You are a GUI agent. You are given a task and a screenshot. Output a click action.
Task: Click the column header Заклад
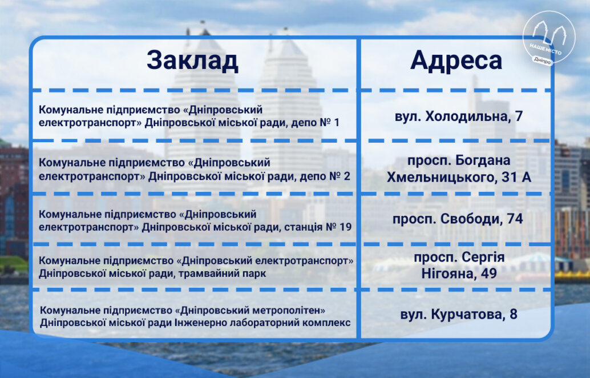pyautogui.click(x=192, y=61)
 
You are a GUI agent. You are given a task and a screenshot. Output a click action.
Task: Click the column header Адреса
pyautogui.click(x=456, y=60)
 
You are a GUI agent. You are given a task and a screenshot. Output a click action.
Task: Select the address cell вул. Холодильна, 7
pyautogui.click(x=459, y=116)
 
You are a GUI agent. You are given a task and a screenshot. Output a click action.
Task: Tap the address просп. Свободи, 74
pyautogui.click(x=458, y=219)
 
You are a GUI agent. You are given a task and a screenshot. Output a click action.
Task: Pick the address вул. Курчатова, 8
pyautogui.click(x=459, y=314)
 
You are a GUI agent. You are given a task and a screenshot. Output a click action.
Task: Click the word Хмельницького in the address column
pyautogui.click(x=441, y=177)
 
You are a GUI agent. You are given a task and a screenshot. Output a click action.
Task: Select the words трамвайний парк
pyautogui.click(x=222, y=274)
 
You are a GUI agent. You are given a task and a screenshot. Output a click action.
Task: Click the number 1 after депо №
pyautogui.click(x=337, y=122)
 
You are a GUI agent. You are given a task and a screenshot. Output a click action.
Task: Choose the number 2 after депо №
pyautogui.click(x=346, y=176)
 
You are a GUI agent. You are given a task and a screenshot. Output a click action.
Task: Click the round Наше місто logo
pyautogui.click(x=549, y=38)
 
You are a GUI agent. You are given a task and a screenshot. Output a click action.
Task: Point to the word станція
pyautogui.click(x=302, y=227)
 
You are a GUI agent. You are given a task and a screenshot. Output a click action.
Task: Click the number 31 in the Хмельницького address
pyautogui.click(x=508, y=178)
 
